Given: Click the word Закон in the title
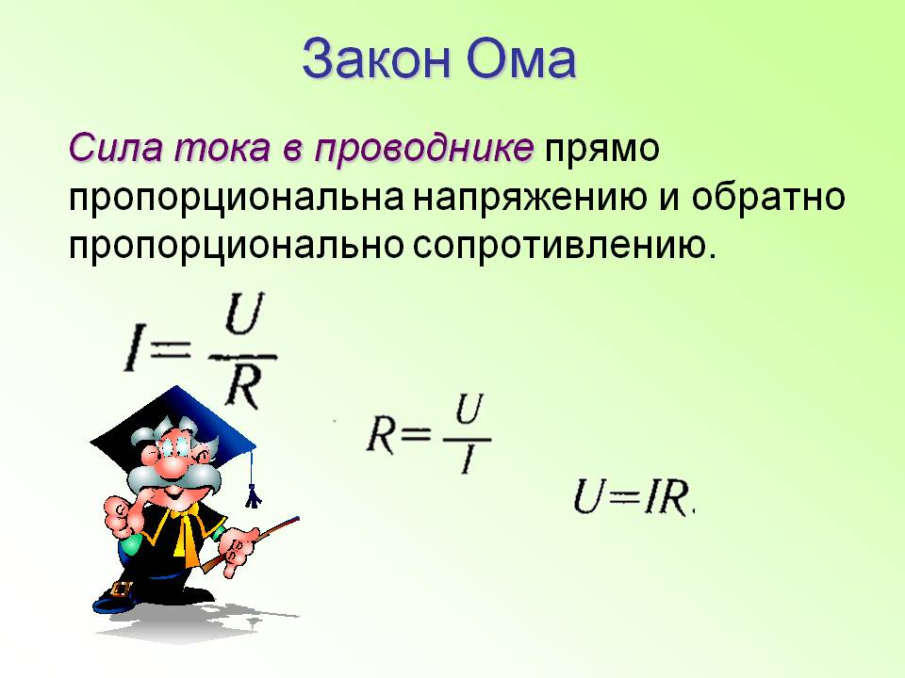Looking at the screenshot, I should point(374,60).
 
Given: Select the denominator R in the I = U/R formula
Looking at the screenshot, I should point(242,386).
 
